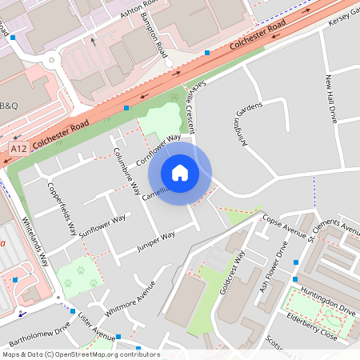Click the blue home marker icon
pos(180,173)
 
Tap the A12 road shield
pos(18,149)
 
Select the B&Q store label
pos(9,106)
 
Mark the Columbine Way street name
pos(126,171)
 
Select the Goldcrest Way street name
pos(234,278)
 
